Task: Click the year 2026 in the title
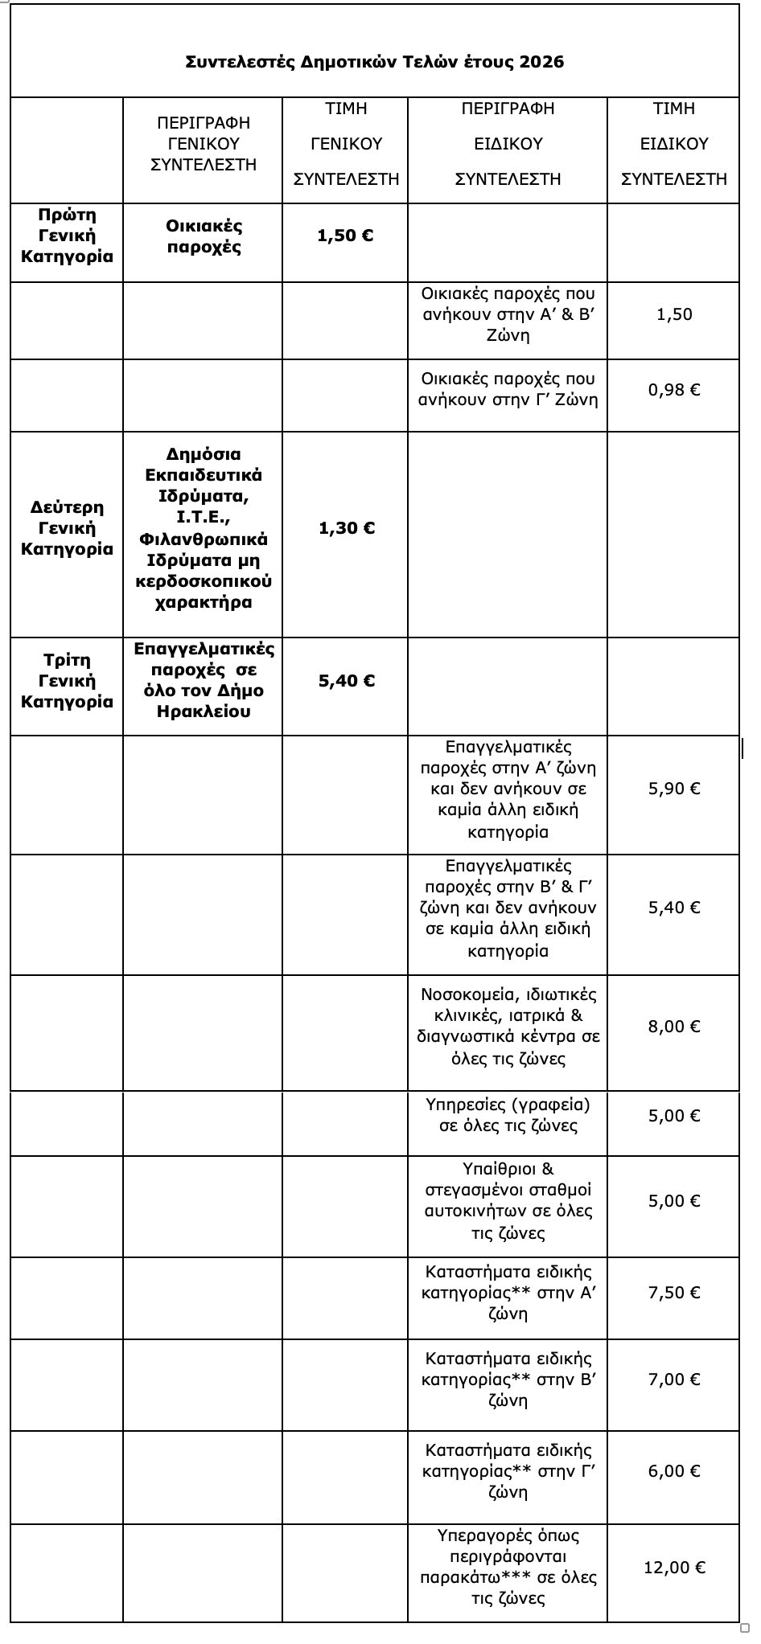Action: pos(541,62)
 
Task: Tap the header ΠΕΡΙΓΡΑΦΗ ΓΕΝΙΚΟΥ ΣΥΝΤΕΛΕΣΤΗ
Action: pos(204,143)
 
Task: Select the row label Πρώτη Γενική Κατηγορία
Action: pos(67,236)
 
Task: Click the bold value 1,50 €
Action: pos(346,236)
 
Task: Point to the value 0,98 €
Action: pos(674,390)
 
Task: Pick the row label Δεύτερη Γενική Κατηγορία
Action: pos(67,528)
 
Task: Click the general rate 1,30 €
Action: pos(347,528)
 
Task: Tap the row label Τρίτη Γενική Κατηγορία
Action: pos(67,680)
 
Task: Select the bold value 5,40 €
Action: pos(347,681)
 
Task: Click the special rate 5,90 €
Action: pos(674,789)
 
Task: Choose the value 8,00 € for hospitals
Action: pos(674,1027)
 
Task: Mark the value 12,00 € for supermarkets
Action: pos(674,1567)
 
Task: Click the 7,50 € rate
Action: pos(674,1293)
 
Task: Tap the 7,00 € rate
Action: pos(674,1380)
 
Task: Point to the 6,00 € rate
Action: pos(674,1471)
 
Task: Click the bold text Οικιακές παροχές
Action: pos(204,236)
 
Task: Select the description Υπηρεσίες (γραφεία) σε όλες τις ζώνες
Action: pos(508,1115)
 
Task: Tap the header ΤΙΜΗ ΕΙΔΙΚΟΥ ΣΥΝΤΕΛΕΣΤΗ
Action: pos(674,143)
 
